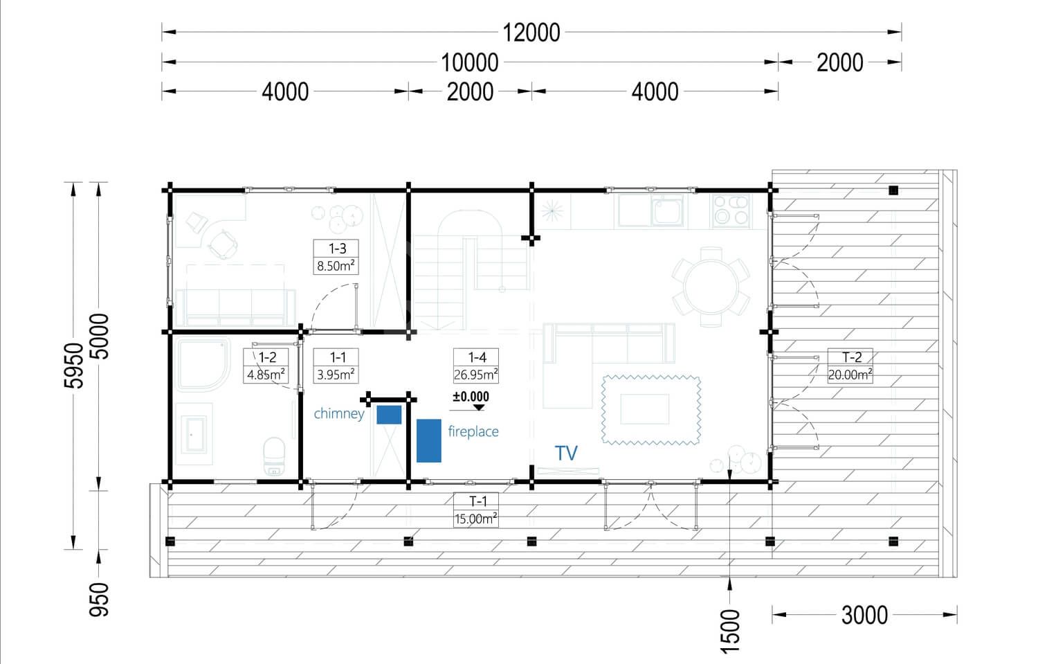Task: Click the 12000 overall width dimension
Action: (x=531, y=33)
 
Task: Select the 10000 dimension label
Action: (x=469, y=62)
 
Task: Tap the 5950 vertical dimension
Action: (x=74, y=366)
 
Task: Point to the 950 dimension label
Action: (x=99, y=600)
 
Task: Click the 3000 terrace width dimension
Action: (x=864, y=616)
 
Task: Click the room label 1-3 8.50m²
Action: (x=336, y=257)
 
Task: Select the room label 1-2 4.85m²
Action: (x=266, y=366)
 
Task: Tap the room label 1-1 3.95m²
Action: (x=336, y=366)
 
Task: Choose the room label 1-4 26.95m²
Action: (x=476, y=366)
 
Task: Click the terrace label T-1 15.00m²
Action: (x=476, y=510)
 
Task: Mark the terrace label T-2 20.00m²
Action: (x=850, y=366)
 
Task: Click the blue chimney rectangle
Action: (x=389, y=415)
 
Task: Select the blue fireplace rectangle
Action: (x=428, y=440)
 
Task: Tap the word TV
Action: (x=566, y=453)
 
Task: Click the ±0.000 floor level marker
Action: (x=471, y=401)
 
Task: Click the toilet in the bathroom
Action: (x=273, y=456)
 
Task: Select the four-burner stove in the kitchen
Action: (x=730, y=210)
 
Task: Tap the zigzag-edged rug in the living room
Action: (x=650, y=410)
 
